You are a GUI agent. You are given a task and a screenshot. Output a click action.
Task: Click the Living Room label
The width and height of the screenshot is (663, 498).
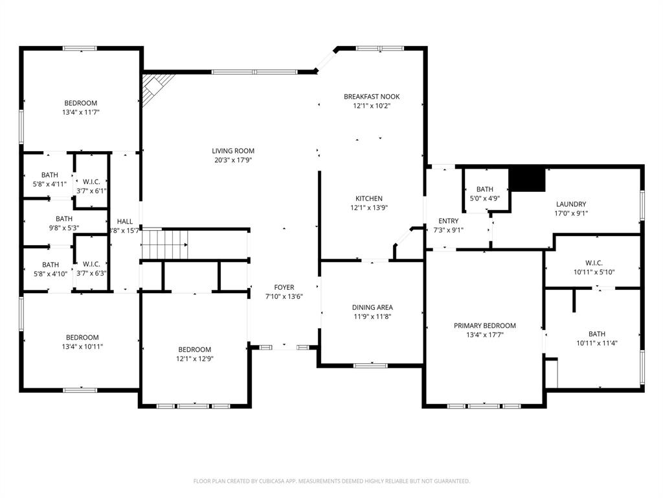(233, 151)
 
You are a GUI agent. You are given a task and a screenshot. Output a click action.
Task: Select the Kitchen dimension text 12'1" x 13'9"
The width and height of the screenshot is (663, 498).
(368, 208)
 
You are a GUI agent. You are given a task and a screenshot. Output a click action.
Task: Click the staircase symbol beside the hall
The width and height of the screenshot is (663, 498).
(164, 244)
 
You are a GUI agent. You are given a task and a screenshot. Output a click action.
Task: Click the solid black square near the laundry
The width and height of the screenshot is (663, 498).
(528, 179)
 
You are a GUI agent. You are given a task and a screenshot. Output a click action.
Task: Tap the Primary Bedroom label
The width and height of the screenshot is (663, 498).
(484, 326)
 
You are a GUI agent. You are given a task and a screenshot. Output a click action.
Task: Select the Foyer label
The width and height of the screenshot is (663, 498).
(284, 287)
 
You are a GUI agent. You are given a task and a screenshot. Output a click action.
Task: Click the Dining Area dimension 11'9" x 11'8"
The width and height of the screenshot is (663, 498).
(372, 316)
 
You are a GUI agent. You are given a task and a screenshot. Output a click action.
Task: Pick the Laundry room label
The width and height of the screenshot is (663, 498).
(570, 204)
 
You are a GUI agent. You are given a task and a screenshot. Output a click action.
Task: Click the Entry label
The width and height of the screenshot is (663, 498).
(448, 221)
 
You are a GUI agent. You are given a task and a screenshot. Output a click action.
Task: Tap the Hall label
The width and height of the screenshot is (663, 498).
(124, 221)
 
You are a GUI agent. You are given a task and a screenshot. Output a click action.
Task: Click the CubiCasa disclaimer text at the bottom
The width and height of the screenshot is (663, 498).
(331, 481)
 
